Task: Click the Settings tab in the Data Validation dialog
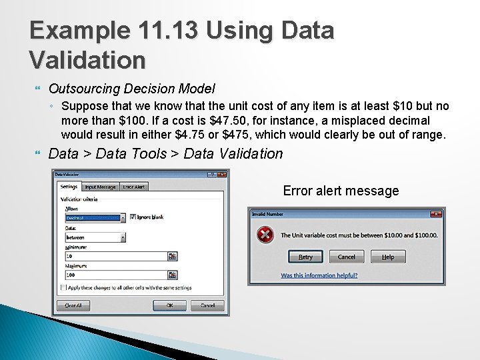[x=69, y=187]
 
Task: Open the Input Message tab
[x=100, y=187]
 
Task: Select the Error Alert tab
[x=134, y=187]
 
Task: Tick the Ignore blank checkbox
[x=133, y=217]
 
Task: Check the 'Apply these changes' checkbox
[x=63, y=288]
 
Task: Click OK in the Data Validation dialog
[x=169, y=305]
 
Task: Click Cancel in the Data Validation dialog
[x=207, y=305]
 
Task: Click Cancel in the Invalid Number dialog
[x=346, y=257]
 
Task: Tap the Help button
[x=387, y=257]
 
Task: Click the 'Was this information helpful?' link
[x=323, y=275]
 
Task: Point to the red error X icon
[x=265, y=235]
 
